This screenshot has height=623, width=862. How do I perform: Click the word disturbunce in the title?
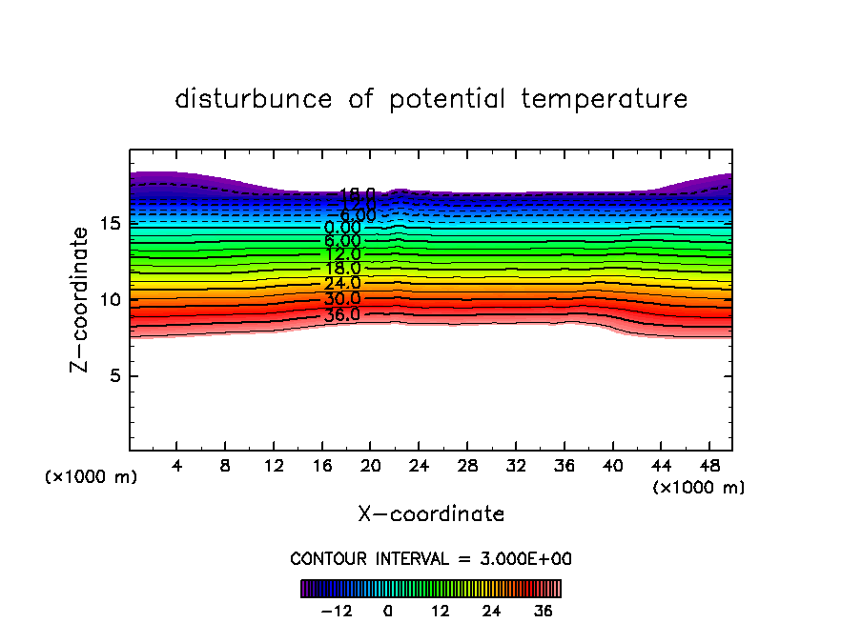[x=255, y=99]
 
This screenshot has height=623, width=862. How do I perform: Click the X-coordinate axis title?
[x=431, y=514]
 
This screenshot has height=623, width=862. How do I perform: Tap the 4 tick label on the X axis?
[x=177, y=467]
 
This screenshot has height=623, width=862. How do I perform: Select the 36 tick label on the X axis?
[x=564, y=467]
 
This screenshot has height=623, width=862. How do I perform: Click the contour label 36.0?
[x=341, y=314]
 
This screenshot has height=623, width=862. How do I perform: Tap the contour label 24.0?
[x=341, y=283]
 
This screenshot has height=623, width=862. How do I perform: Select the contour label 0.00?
[x=342, y=228]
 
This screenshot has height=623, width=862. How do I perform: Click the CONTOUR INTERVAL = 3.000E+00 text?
[x=431, y=559]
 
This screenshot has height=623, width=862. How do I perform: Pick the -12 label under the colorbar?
[x=337, y=612]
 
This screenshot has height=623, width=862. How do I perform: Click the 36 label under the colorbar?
[x=544, y=612]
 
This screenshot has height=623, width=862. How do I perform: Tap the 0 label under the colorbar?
[x=388, y=612]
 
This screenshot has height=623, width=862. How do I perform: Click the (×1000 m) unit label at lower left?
[x=92, y=477]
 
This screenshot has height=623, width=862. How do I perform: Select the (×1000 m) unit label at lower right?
[x=699, y=488]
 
